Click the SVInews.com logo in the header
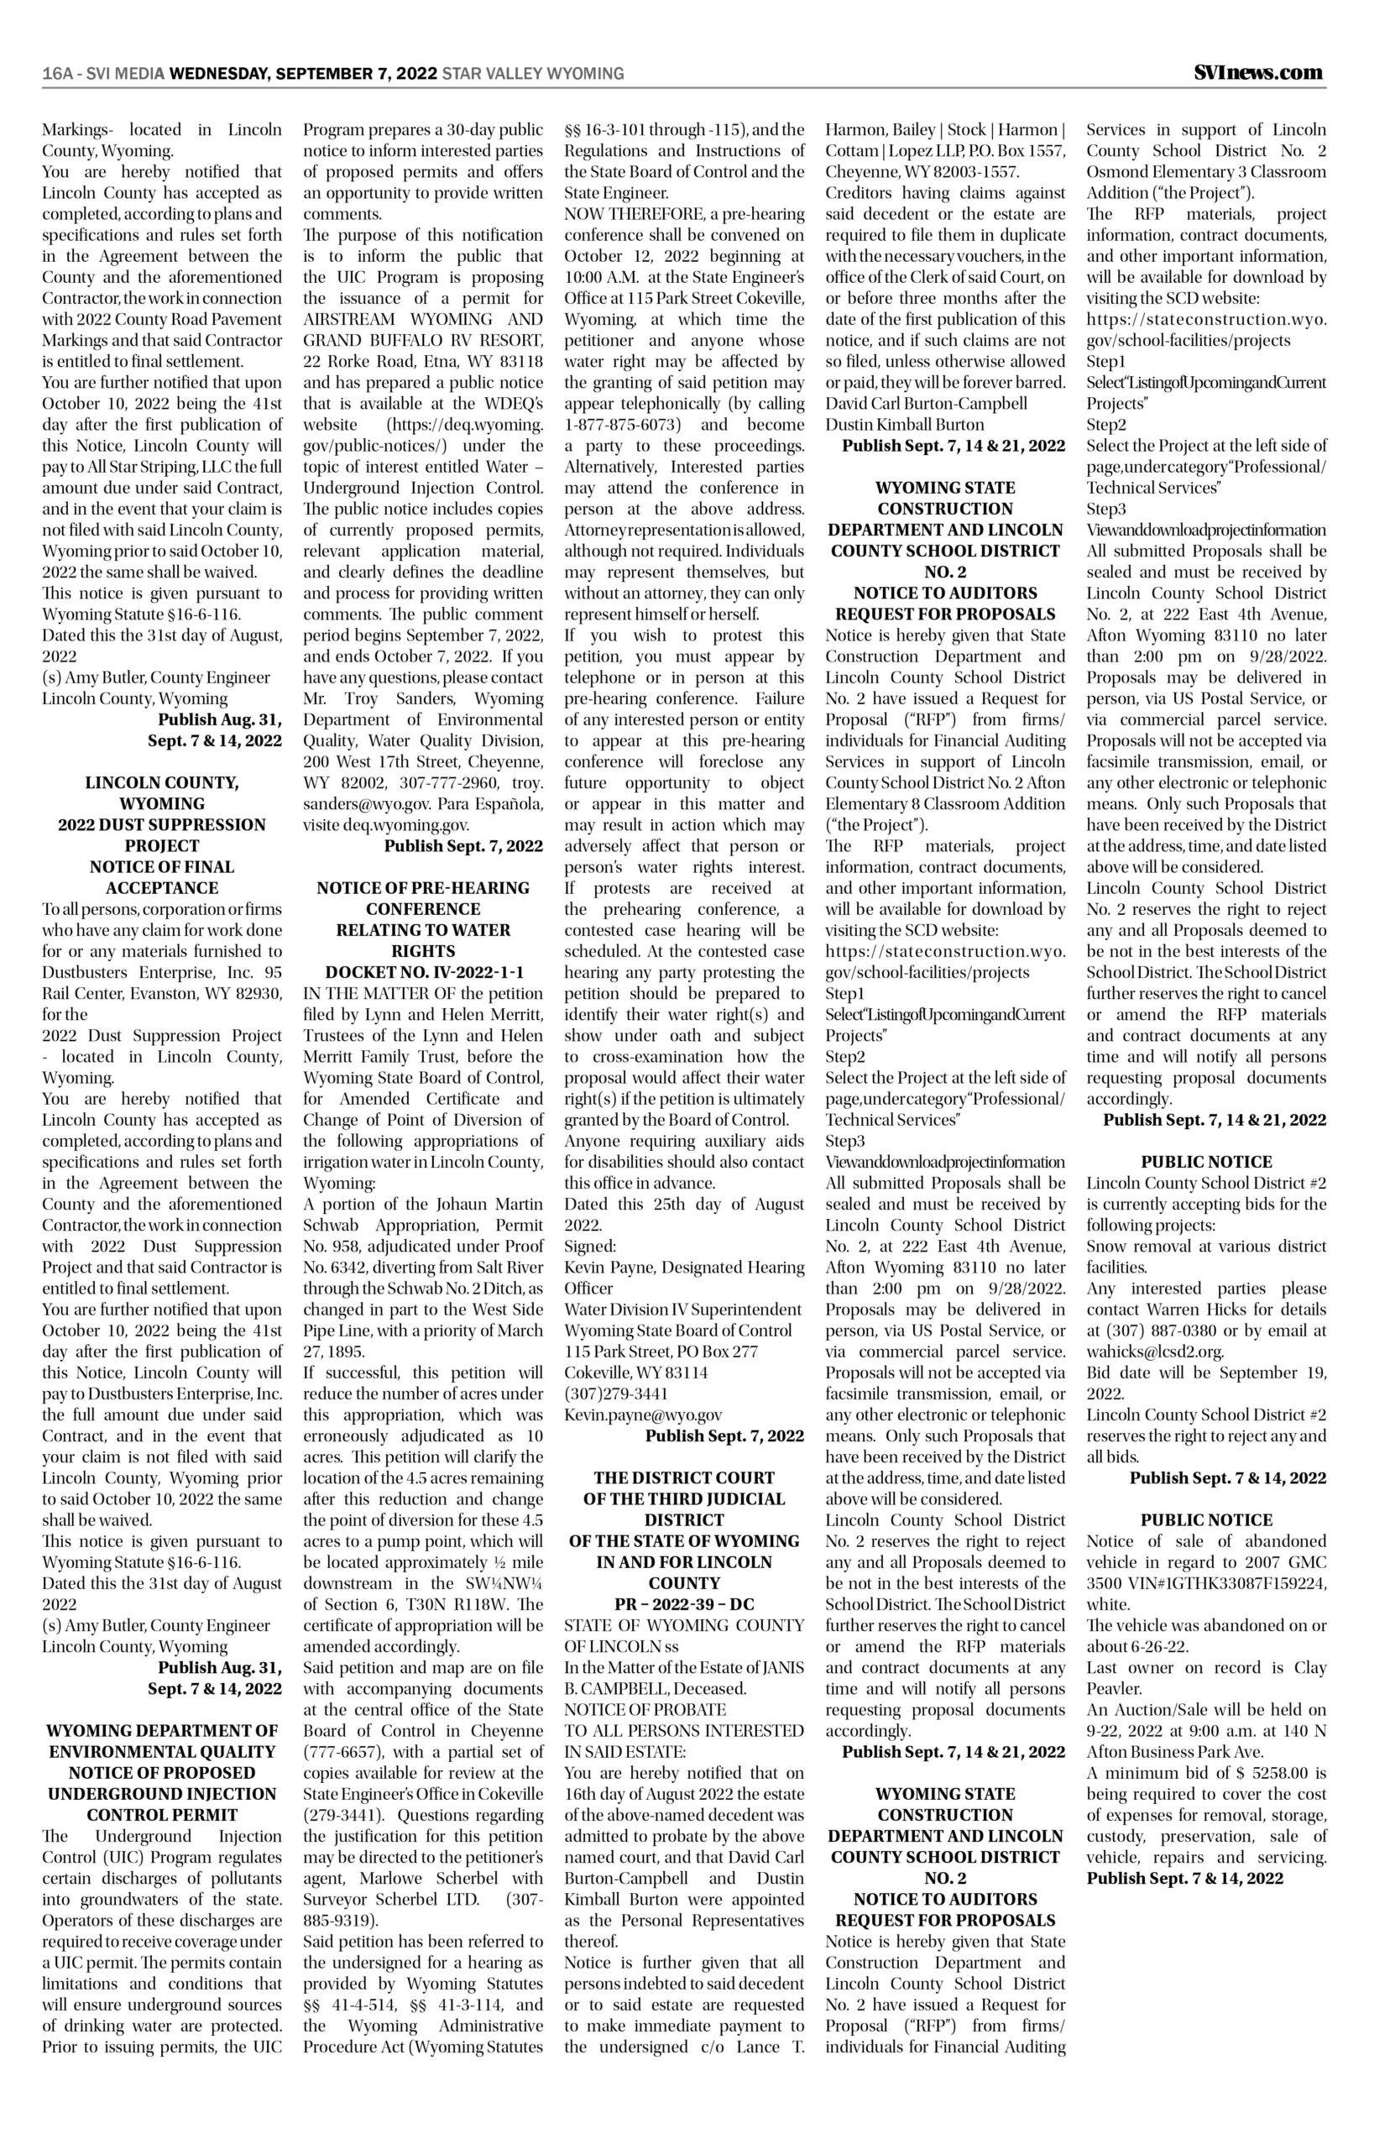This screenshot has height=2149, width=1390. click(x=1258, y=72)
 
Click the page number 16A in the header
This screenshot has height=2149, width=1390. click(x=57, y=74)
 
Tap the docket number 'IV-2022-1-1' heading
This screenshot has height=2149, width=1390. click(x=469, y=972)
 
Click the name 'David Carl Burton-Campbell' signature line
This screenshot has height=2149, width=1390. click(x=926, y=403)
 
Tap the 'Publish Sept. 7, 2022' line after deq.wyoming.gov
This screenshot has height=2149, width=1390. click(x=463, y=845)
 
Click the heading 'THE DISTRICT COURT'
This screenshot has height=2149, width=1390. click(x=684, y=1477)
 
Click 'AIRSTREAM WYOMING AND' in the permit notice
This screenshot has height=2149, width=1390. click(x=422, y=319)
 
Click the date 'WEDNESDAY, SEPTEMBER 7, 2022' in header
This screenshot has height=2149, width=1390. click(x=303, y=74)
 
